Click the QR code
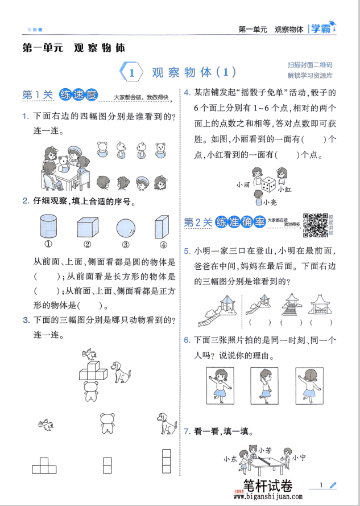click(316, 224)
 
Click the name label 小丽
click(243, 184)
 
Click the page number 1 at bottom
click(321, 485)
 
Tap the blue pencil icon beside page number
click(333, 485)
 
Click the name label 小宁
click(300, 457)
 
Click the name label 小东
click(230, 459)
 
